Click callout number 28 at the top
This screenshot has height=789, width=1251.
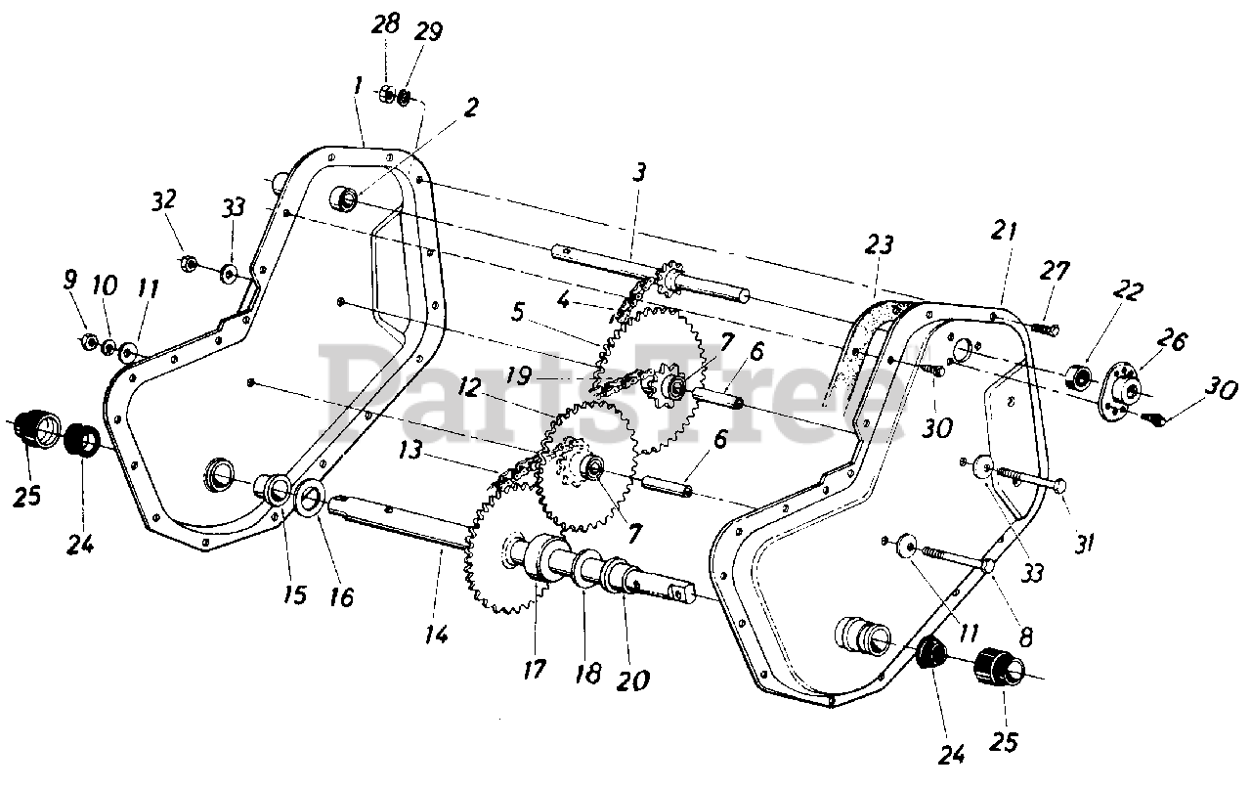[x=385, y=25]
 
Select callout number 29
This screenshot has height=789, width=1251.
[x=428, y=32]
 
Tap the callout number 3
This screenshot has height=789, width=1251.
[x=639, y=173]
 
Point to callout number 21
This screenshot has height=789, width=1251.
[x=1004, y=231]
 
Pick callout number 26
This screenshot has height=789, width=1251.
[x=1171, y=340]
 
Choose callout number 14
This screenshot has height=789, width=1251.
[x=436, y=635]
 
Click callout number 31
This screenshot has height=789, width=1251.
[x=1084, y=544]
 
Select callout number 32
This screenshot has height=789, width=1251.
[x=163, y=199]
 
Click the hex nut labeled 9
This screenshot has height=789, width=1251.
[x=87, y=340]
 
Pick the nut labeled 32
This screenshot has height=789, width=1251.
[x=189, y=263]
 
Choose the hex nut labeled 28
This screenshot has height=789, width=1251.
[x=386, y=93]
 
